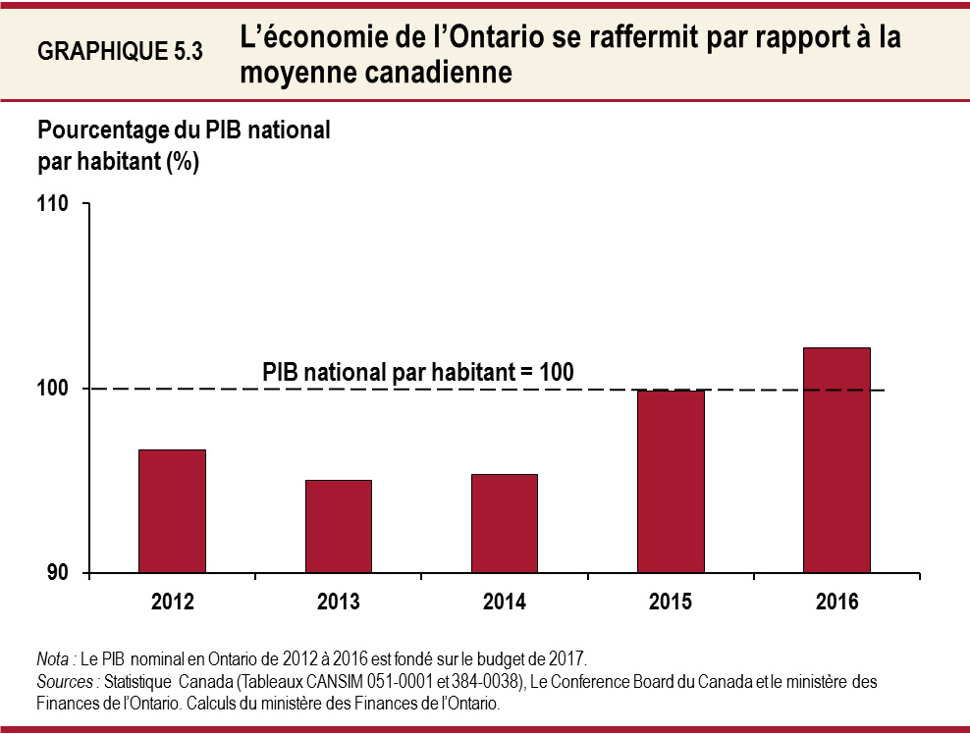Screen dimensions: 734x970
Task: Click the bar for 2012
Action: tap(172, 511)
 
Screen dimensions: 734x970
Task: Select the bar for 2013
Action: tap(338, 526)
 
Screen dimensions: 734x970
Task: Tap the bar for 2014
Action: tap(504, 523)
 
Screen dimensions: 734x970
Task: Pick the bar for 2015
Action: tap(671, 482)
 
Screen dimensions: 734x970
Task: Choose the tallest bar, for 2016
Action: tap(836, 460)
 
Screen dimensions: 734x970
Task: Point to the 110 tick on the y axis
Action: tap(53, 204)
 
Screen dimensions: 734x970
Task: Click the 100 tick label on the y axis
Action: tap(53, 389)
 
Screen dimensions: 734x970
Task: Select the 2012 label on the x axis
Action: tap(172, 602)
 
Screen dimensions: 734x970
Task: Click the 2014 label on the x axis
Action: tap(504, 602)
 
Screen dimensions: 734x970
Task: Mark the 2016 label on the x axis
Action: tap(836, 602)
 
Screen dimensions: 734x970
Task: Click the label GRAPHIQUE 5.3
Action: tap(120, 52)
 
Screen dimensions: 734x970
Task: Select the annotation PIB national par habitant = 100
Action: tap(417, 372)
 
